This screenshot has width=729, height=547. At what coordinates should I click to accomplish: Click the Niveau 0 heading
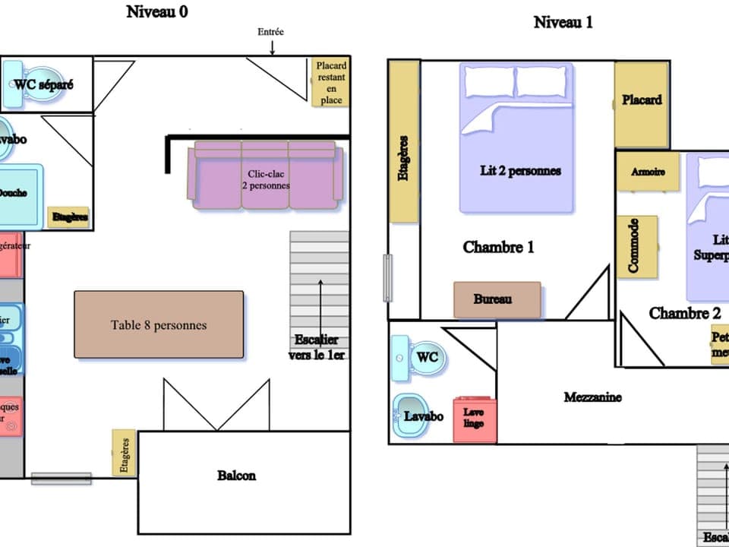click(157, 11)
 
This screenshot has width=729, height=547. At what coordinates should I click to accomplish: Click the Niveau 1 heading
click(563, 22)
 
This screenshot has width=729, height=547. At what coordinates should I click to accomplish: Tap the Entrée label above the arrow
click(271, 32)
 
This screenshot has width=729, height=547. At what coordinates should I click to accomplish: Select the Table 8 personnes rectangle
click(159, 324)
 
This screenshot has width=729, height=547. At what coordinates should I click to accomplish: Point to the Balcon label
click(236, 476)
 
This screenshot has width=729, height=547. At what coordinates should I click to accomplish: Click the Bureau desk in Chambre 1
click(497, 299)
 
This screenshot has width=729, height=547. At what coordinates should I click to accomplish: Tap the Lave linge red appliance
click(475, 419)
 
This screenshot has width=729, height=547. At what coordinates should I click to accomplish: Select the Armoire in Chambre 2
click(648, 172)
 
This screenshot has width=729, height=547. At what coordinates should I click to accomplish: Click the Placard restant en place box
click(331, 83)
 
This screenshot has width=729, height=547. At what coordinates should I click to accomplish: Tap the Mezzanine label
click(593, 397)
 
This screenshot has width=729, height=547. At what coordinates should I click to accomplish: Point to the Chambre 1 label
click(499, 247)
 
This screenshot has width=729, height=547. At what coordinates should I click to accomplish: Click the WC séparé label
click(45, 84)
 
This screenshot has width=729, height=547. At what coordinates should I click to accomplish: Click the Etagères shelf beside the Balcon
click(124, 454)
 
